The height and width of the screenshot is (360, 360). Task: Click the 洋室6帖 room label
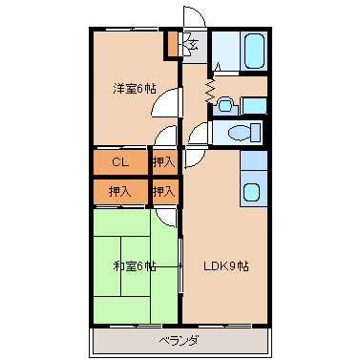pos(135,89)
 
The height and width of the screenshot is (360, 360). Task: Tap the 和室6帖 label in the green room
pos(135,266)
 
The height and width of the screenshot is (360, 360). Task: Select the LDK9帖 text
pos(226,265)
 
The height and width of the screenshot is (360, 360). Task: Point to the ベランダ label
pos(180,341)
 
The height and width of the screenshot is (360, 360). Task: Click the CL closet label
pos(120,162)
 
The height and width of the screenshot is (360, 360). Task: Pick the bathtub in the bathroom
pos(254,52)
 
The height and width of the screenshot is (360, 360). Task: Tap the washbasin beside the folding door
pos(224,105)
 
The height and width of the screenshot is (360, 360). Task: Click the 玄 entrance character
pos(194,44)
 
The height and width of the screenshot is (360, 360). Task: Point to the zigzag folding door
pos(210,91)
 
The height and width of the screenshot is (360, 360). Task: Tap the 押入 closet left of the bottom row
pos(120,192)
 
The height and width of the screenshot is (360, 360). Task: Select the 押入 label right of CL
pos(163,162)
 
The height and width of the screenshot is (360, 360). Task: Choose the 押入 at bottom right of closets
pos(163,192)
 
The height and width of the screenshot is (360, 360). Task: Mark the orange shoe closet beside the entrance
pos(172,44)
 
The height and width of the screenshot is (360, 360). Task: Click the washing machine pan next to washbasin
pos(254,105)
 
